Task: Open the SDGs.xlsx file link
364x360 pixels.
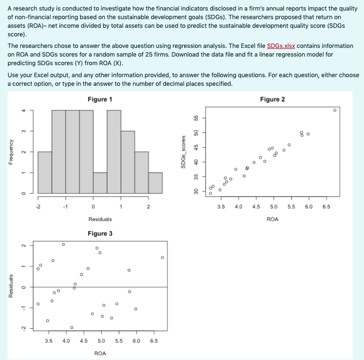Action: point(281,46)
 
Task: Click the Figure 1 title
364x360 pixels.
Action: point(100,99)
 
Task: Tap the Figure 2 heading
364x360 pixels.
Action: point(272,99)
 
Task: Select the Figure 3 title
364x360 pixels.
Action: point(100,233)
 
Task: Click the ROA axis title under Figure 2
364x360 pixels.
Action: point(272,219)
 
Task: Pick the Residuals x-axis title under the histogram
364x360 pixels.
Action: point(100,219)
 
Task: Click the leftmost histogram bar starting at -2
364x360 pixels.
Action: point(45,173)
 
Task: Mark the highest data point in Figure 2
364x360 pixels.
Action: point(335,110)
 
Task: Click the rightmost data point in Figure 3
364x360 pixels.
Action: point(162,257)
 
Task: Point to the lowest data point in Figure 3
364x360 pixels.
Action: point(71,327)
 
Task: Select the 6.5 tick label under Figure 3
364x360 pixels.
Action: point(154,341)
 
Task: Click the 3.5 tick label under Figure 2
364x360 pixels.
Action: point(221,207)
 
